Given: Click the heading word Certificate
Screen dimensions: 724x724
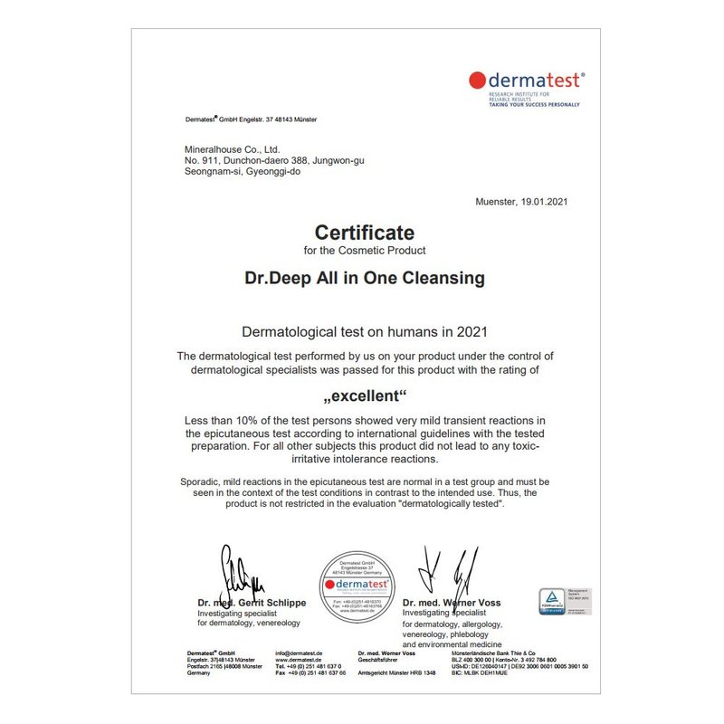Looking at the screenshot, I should click(x=364, y=233).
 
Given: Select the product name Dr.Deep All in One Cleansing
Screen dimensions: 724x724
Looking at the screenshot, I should click(x=365, y=278).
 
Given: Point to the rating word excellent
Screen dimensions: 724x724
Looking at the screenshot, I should click(x=365, y=395).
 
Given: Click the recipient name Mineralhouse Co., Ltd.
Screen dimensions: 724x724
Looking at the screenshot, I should click(x=233, y=149).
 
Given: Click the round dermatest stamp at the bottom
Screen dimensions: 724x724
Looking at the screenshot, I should click(x=355, y=586).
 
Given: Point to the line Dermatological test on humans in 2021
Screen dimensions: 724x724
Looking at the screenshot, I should click(x=364, y=332).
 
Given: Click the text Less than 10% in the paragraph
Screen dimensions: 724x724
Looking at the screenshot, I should click(x=218, y=421).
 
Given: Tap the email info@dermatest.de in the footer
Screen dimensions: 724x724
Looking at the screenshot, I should click(x=299, y=653).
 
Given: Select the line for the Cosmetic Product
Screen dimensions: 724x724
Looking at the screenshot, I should click(x=364, y=250).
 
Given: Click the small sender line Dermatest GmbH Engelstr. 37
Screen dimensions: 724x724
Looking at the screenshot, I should click(x=251, y=119).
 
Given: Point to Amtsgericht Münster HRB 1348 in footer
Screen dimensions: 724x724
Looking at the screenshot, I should click(x=396, y=673).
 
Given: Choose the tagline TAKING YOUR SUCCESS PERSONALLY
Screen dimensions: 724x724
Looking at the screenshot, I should click(x=534, y=105).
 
